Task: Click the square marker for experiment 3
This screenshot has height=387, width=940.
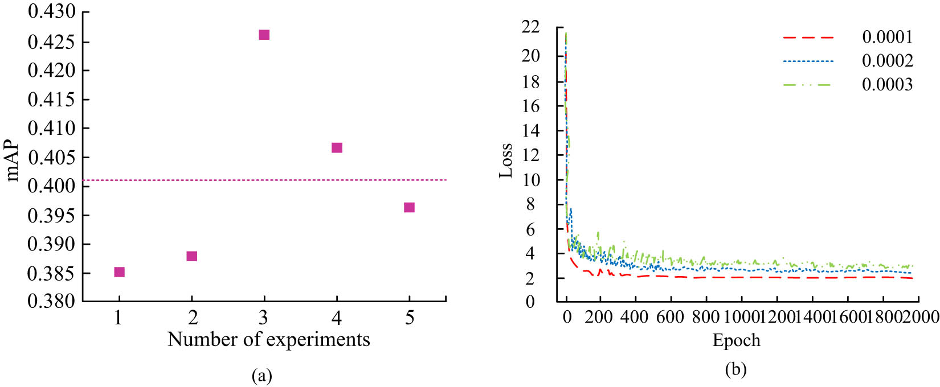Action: [x=264, y=35]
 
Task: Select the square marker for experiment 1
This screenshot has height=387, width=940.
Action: [x=119, y=272]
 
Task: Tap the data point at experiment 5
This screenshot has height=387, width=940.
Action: [x=409, y=207]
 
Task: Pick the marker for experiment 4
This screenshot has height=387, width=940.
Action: [x=337, y=148]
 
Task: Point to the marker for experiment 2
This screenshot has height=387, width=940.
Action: [x=191, y=256]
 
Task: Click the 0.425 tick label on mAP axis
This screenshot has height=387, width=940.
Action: [x=51, y=42]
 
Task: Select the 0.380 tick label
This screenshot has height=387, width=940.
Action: [x=51, y=301]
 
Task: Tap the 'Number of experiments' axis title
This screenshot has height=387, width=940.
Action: [x=269, y=340]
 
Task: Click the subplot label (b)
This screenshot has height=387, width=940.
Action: [x=735, y=370]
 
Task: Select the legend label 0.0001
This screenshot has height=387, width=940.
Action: [x=887, y=38]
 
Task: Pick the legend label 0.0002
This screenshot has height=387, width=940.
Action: [x=887, y=61]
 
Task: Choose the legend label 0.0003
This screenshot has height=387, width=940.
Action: [x=887, y=85]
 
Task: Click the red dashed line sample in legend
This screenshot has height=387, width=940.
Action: [x=808, y=38]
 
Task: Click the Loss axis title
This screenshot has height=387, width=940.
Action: [x=506, y=161]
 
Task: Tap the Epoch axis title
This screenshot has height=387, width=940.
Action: [x=736, y=340]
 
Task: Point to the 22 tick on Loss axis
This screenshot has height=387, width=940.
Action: [x=531, y=26]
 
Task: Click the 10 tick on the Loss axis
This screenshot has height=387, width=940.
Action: [x=531, y=180]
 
